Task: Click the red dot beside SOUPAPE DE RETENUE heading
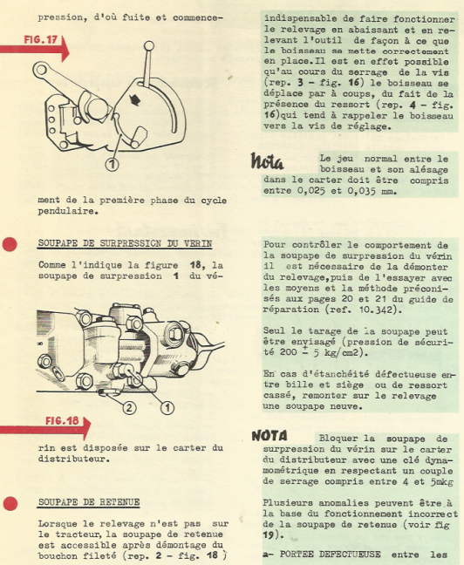pos(10,503)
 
